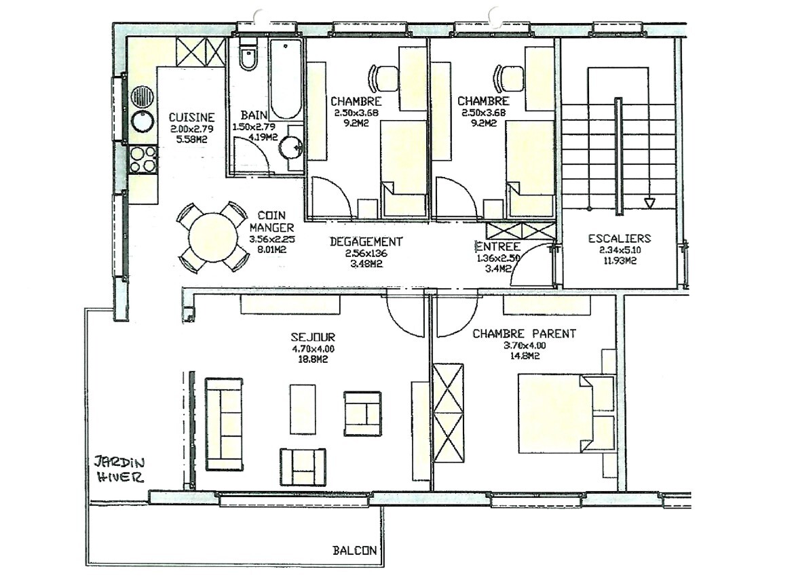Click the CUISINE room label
click(x=192, y=117)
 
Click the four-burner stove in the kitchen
click(x=143, y=160)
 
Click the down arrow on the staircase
click(x=649, y=203)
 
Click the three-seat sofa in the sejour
click(x=224, y=425)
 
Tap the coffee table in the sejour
click(x=303, y=408)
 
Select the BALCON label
click(x=354, y=551)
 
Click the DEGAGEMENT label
click(x=366, y=241)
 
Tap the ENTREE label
click(x=497, y=247)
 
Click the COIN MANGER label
click(x=271, y=222)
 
